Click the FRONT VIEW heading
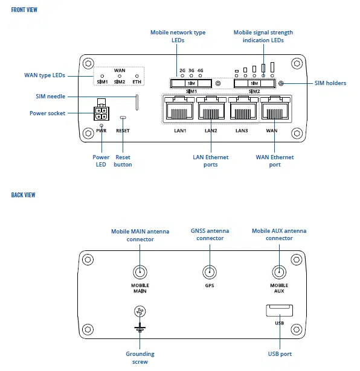[24, 10]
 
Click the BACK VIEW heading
[23, 195]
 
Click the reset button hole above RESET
[123, 118]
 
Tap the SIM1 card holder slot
[190, 83]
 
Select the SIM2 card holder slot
[254, 83]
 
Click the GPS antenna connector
[210, 273]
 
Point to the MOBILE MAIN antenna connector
[140, 273]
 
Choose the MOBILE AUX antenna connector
[278, 273]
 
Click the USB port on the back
[278, 311]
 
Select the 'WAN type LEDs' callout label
[44, 75]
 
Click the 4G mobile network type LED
[200, 76]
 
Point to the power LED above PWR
[101, 125]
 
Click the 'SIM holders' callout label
[330, 83]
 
